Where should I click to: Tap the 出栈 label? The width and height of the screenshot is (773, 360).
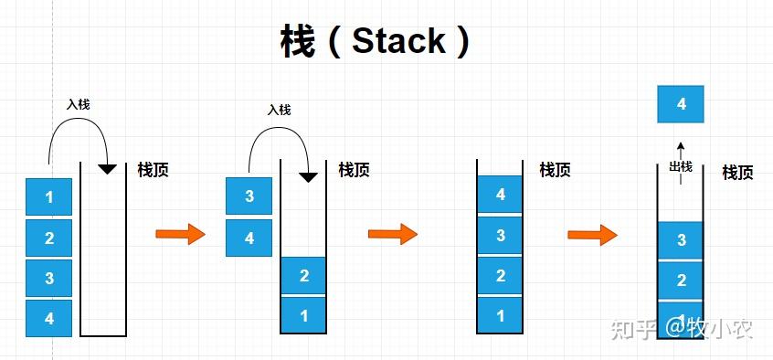[x=681, y=166]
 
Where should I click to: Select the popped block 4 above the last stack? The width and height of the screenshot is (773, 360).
[x=681, y=104]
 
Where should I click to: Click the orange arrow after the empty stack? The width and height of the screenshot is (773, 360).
[x=180, y=235]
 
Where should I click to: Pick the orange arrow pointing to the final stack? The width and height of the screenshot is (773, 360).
[x=592, y=235]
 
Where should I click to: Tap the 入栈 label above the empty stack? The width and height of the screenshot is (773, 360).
[x=79, y=104]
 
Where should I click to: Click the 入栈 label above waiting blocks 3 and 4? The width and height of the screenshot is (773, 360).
[x=279, y=110]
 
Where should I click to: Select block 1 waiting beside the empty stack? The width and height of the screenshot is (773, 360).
[x=48, y=197]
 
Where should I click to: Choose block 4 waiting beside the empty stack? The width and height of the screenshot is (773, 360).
[x=48, y=319]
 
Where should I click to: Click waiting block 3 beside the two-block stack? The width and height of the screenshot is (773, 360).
[x=249, y=196]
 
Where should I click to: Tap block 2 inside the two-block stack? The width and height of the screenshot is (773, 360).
[x=303, y=276]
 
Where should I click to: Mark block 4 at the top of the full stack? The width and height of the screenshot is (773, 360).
[x=500, y=195]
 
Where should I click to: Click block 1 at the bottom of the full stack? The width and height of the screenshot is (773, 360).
[x=500, y=316]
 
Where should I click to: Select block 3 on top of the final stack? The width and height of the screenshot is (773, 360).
[x=681, y=240]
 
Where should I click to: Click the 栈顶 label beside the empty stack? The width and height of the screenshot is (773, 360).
[x=153, y=169]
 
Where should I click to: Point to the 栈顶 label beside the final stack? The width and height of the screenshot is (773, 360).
[x=737, y=172]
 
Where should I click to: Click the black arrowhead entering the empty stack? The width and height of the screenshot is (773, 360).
[x=108, y=169]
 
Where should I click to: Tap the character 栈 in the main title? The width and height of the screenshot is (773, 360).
[x=297, y=41]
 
